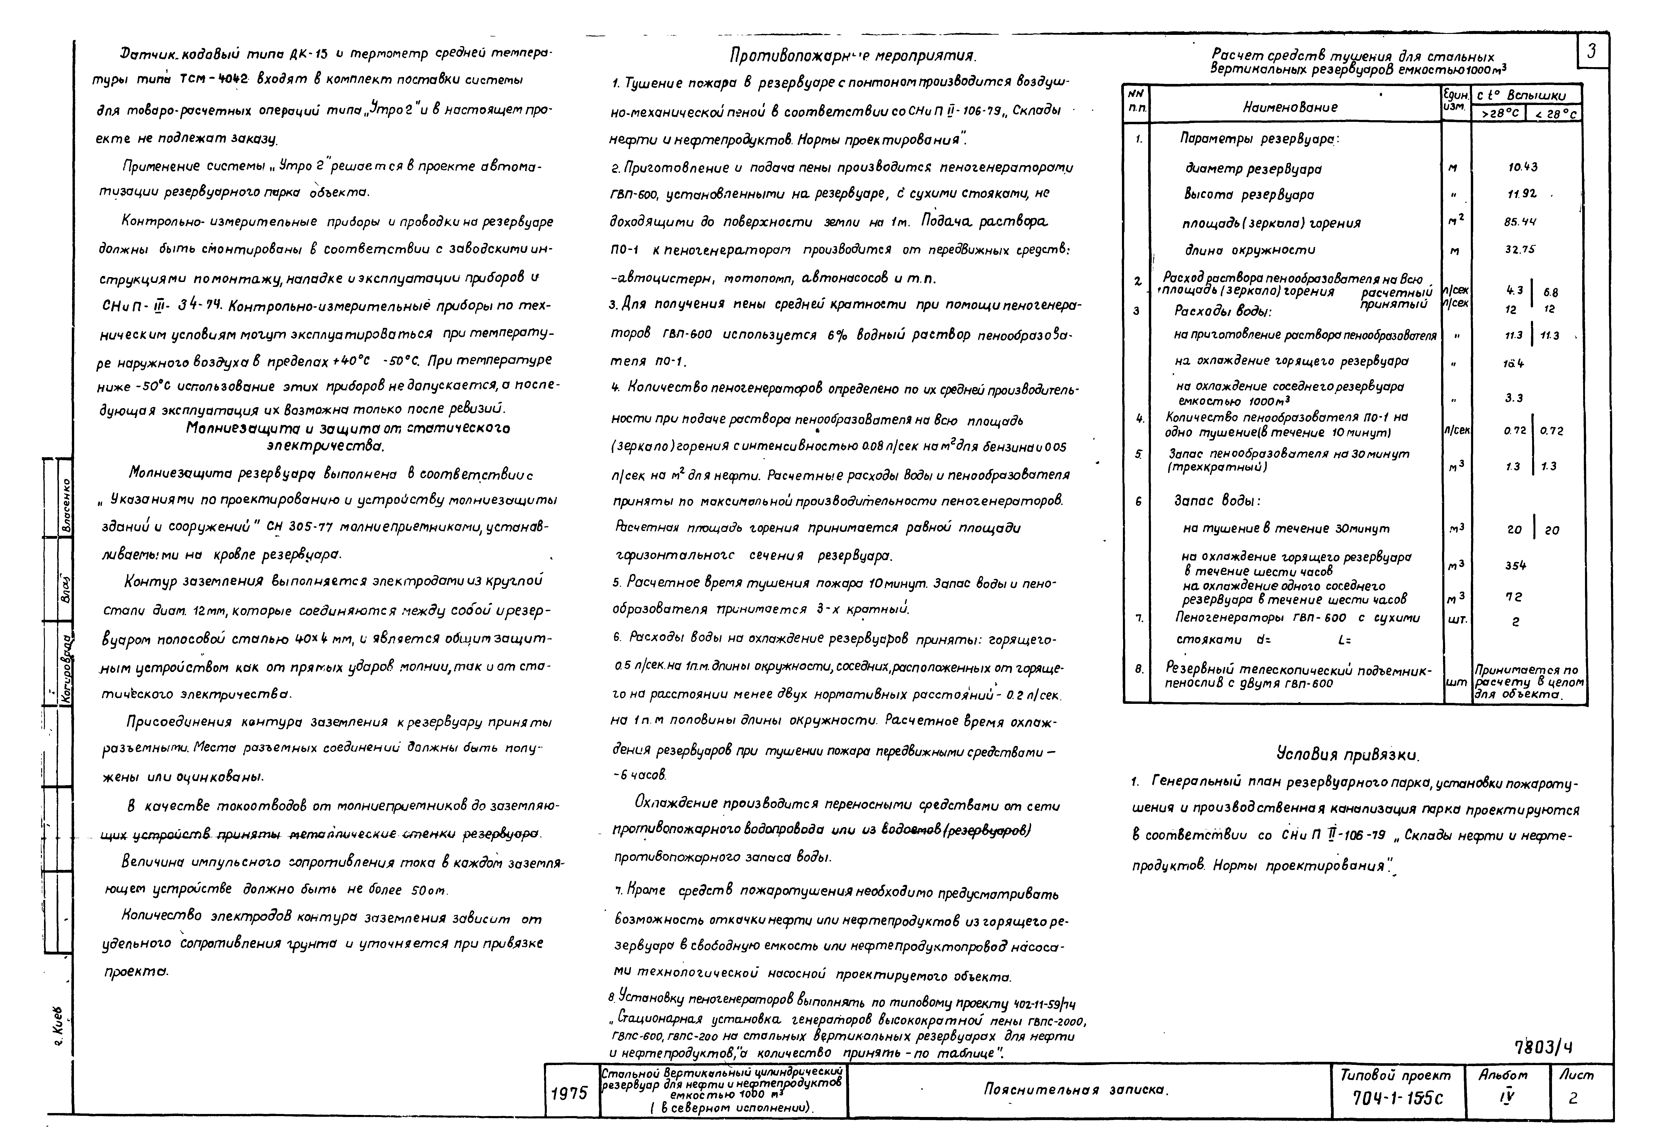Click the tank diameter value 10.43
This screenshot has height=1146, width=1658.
1523,167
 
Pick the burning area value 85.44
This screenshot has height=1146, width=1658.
1520,223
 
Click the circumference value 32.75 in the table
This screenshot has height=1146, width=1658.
1520,250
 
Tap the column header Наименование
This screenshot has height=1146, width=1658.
1290,107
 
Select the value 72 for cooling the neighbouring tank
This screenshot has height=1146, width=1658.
1514,597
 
